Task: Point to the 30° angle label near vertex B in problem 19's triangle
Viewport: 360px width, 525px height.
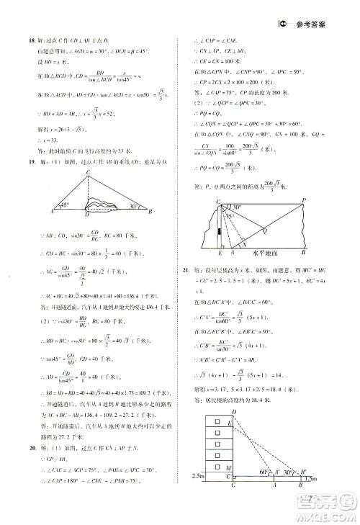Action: pos(134,206)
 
